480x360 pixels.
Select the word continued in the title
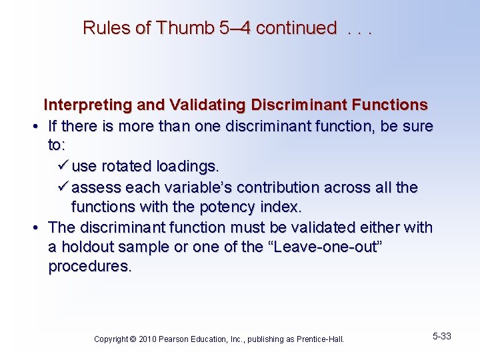[296, 28]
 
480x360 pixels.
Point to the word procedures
[90, 267]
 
